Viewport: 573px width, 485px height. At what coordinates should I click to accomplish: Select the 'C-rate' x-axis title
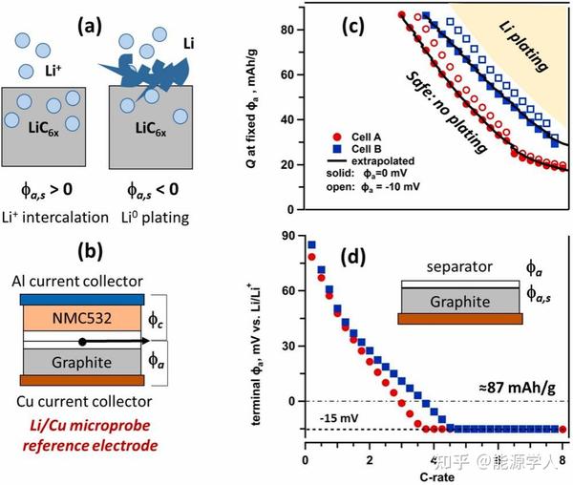pos(433,474)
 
